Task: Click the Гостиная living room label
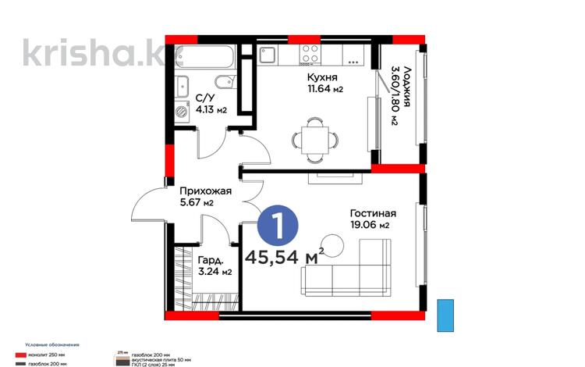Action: click(373, 213)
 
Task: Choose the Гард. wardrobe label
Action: click(211, 260)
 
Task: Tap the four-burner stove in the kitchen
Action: click(309, 55)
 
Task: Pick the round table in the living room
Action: click(335, 248)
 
